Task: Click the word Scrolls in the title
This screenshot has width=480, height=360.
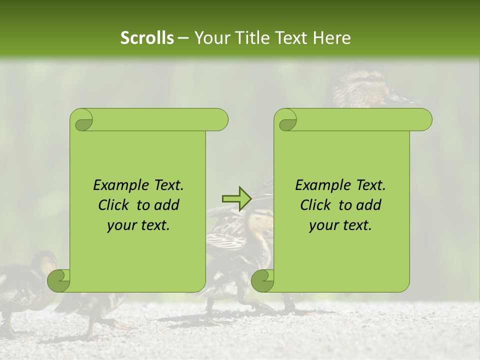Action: click(147, 38)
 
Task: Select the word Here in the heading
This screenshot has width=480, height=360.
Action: click(332, 38)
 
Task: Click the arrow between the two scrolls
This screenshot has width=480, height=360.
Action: click(236, 198)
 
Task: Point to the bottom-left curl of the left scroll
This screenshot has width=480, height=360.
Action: click(58, 281)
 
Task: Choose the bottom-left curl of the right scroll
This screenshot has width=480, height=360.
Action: click(262, 281)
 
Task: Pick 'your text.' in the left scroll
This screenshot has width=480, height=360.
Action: click(138, 225)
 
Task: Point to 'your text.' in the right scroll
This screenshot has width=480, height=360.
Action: click(340, 225)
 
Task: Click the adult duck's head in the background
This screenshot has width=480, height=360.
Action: click(362, 85)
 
